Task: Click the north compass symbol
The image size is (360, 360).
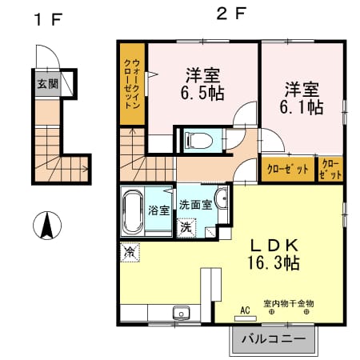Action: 47,226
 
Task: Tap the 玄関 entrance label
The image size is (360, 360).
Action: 47,84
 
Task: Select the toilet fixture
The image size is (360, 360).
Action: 199,140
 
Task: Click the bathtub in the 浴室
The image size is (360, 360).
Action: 133,212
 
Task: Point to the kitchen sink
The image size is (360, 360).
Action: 182,313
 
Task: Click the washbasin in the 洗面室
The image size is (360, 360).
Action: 222,198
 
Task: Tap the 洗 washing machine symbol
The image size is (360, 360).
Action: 186,227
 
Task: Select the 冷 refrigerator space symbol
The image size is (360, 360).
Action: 130,252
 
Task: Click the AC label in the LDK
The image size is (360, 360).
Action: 245,310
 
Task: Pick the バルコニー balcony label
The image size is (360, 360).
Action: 274,339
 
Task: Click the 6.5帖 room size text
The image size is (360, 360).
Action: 202,93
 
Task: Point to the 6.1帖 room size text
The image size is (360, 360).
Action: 302,107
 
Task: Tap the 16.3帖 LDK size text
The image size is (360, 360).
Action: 274,262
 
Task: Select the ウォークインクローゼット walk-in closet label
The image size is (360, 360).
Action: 132,84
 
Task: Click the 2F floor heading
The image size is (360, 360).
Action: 231,14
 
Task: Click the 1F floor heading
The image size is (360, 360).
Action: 49,19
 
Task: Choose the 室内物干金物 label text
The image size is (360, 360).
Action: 289,303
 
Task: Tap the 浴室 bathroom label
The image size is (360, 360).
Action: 159,210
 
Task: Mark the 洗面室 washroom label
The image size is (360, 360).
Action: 196,205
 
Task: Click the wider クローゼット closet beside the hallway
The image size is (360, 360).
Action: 288,170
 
